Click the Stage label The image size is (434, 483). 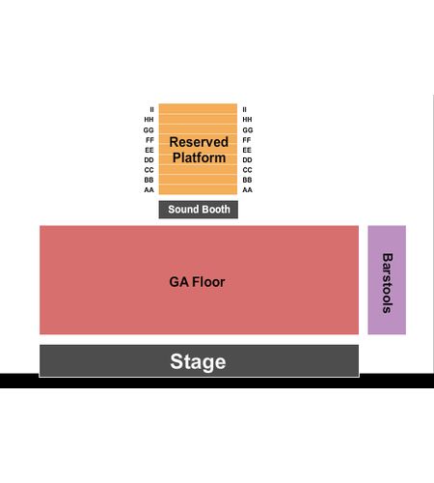pos(198,361)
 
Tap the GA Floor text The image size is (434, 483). pos(197,282)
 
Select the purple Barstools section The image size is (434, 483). pos(387,280)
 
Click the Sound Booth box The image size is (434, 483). pos(199,210)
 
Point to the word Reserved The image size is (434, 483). pos(199,142)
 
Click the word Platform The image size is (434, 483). pos(199,157)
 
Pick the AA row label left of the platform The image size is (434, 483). pos(149,190)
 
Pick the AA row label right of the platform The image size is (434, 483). pos(247,190)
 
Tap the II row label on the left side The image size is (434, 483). pos(151,110)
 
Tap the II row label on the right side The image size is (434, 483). pos(245,110)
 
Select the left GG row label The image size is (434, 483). pos(149,130)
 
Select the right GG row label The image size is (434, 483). pos(248,130)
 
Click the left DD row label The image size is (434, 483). pos(149,160)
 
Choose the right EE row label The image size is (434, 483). pos(247,150)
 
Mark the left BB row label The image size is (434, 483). pos(149,180)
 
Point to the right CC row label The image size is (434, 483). pos(247,170)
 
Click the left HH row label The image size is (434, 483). pos(149,120)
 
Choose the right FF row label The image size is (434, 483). pos(247,140)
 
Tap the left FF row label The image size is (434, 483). pos(149,140)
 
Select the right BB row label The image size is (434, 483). pos(247,180)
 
